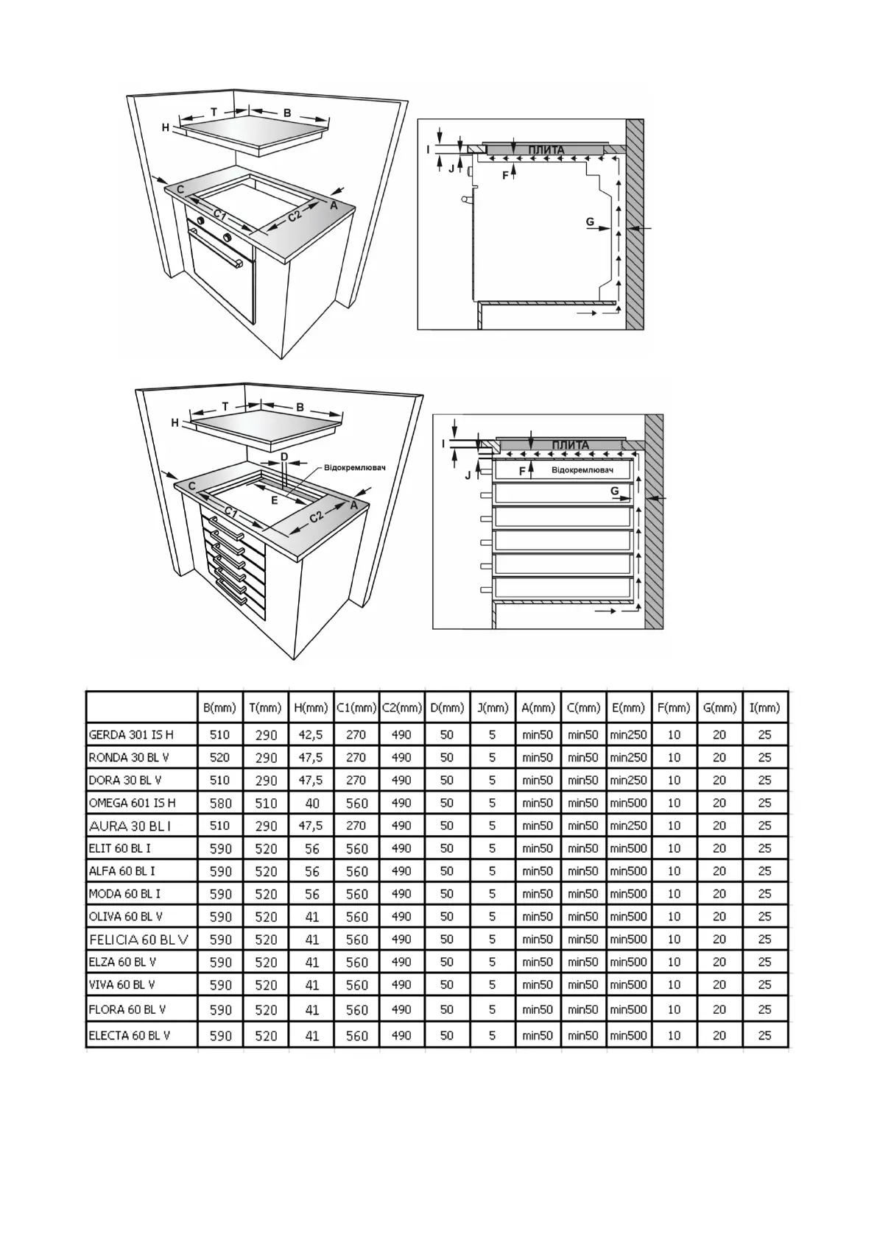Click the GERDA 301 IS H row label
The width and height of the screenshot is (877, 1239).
(x=131, y=734)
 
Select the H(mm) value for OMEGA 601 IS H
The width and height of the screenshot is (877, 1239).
(x=311, y=803)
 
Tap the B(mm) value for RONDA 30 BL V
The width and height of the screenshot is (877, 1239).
(x=219, y=757)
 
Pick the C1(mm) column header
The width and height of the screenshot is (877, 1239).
(x=357, y=708)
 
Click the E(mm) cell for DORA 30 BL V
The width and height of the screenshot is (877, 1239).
(x=628, y=780)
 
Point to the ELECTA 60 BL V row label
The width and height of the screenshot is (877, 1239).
(x=130, y=1035)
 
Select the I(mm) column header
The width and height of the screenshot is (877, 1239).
(x=764, y=708)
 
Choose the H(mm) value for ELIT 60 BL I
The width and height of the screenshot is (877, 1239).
(x=311, y=848)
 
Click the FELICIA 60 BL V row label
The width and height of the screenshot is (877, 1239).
(x=139, y=940)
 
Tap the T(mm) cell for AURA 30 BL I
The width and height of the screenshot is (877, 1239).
(x=266, y=826)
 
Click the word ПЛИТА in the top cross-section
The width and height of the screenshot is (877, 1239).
(x=546, y=150)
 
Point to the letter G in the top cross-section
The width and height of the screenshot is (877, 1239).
(x=590, y=222)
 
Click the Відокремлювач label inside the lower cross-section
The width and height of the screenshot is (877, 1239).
(x=582, y=470)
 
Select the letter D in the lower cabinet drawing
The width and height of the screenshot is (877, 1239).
(x=284, y=457)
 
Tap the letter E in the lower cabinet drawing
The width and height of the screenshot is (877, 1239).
(x=274, y=500)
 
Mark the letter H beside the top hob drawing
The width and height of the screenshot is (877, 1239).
(x=166, y=128)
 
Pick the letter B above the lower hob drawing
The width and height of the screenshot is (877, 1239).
(x=300, y=407)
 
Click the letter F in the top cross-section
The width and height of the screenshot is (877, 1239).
(x=505, y=176)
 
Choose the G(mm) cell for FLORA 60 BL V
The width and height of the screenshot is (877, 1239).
(x=719, y=1009)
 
